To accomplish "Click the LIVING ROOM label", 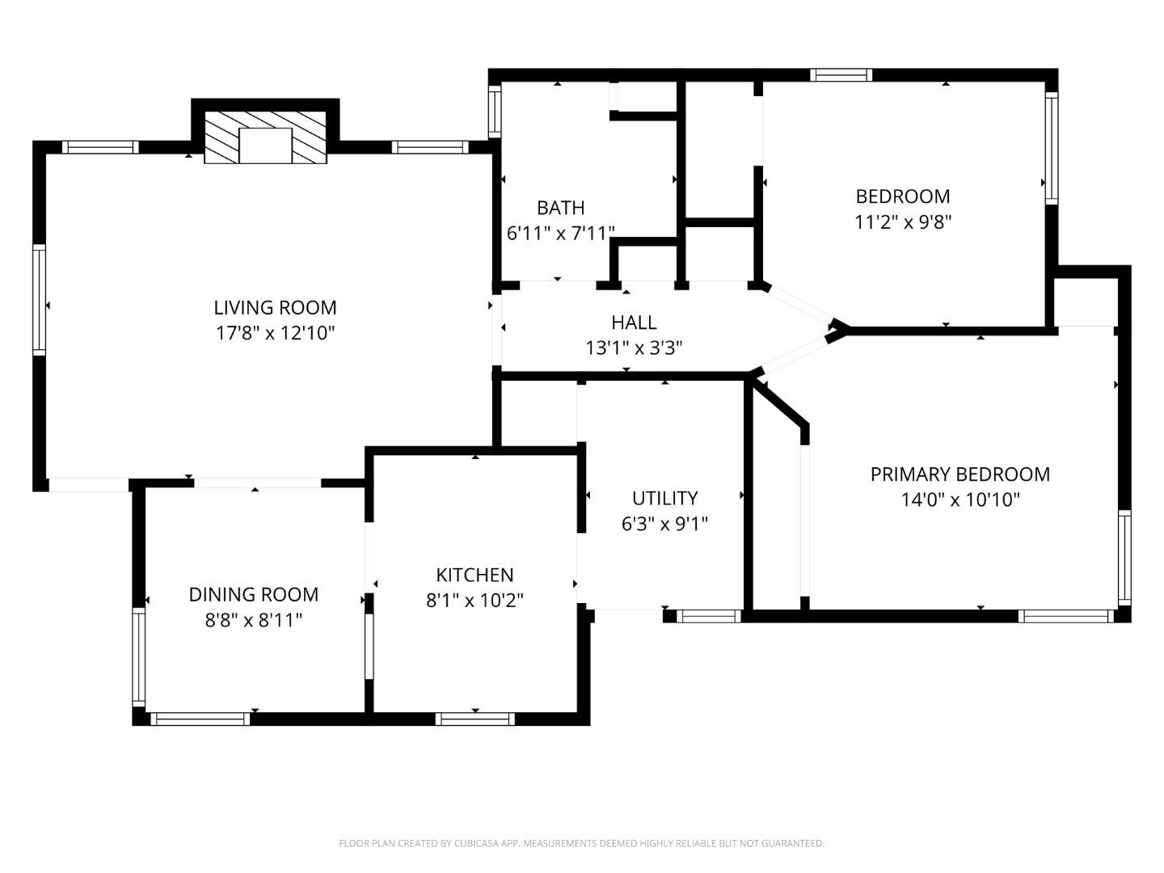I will [275, 307].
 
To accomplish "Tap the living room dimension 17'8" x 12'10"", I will [275, 333].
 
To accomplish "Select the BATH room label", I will [560, 208].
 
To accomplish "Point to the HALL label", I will [634, 323].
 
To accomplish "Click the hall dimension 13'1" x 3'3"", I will [634, 348].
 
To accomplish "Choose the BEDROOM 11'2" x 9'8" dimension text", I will [903, 222].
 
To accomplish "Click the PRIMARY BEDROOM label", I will [959, 474].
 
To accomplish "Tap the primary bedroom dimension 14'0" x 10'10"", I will [959, 500].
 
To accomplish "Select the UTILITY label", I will [664, 498].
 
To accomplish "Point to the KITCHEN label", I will [474, 575].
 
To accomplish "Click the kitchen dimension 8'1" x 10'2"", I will [474, 601].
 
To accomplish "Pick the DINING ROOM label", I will [253, 595].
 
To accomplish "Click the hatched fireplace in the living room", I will [265, 137].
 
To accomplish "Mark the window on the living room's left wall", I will [39, 299].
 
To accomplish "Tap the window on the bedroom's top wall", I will [841, 75].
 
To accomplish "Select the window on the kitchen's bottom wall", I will [474, 719].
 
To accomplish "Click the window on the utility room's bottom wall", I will [708, 616].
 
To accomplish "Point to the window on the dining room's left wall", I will [138, 656].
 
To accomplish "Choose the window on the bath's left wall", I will [495, 110].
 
